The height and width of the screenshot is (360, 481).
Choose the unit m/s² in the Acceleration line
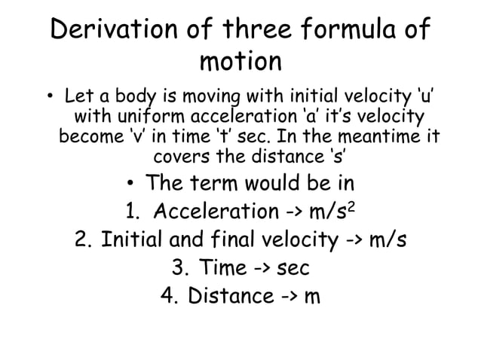[x=332, y=212]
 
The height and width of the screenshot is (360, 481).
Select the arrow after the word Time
[x=262, y=269]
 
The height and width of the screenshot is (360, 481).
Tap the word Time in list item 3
[x=222, y=268]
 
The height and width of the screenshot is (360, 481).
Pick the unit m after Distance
[x=311, y=296]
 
